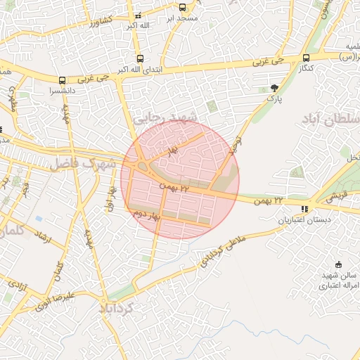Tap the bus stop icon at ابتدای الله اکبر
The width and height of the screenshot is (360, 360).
(x=141, y=59)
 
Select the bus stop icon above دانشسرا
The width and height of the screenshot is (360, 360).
(x=63, y=80)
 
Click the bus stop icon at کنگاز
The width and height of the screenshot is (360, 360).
(x=306, y=58)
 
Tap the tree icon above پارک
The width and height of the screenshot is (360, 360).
(x=274, y=88)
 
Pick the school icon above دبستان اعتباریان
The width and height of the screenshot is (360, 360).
(x=304, y=209)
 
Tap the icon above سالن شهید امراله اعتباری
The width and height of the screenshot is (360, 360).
(x=340, y=264)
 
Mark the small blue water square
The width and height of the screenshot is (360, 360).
(x=38, y=219)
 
